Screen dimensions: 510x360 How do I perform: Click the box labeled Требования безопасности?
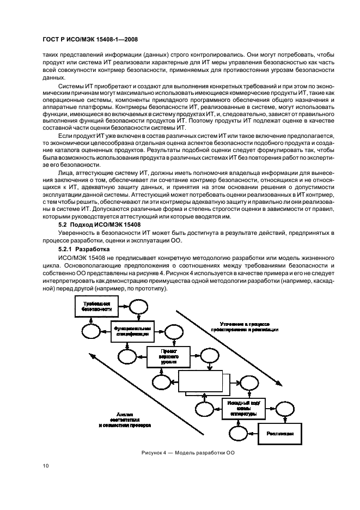[x=96, y=307]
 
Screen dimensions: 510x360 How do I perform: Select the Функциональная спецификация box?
[x=132, y=330]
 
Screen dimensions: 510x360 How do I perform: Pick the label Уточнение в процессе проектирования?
[x=245, y=326]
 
